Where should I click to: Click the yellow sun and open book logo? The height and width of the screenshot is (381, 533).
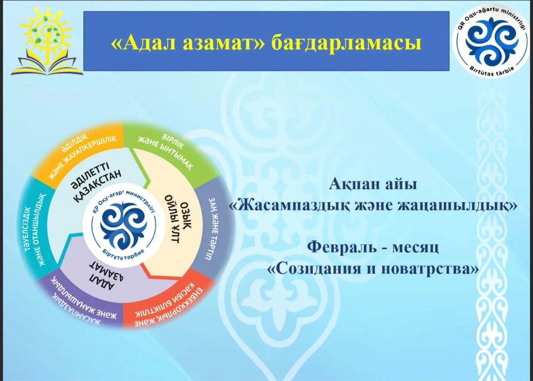(x=48, y=40)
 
